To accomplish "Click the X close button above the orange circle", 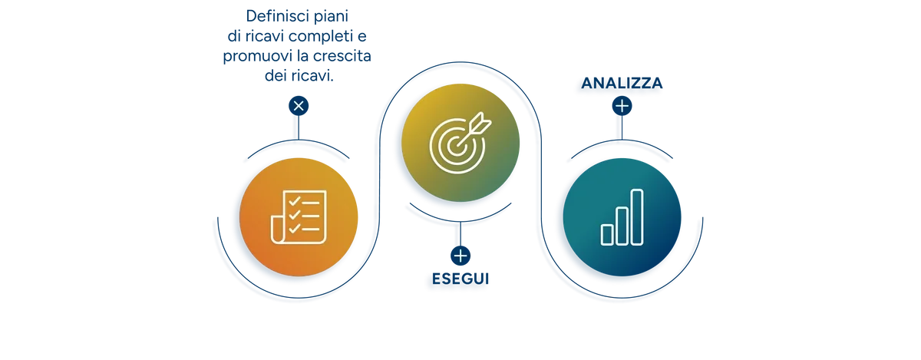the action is click(299, 106).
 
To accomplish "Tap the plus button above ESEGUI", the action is click(460, 256).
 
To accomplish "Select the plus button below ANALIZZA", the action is click(622, 106).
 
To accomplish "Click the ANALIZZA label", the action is click(622, 83).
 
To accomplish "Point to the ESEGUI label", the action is click(460, 279).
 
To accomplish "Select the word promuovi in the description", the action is click(257, 56).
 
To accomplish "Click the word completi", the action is click(321, 37).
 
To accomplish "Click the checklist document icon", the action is click(299, 216).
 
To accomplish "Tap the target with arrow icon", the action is click(460, 143).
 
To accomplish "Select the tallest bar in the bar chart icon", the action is click(637, 217).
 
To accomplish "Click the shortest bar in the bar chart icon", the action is click(607, 235).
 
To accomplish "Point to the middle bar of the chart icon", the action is click(622, 226).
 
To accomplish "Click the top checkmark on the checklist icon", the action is click(295, 201).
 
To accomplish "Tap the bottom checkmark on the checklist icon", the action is click(295, 228).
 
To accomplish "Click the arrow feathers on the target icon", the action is click(481, 122).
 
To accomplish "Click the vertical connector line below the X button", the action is click(299, 128).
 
